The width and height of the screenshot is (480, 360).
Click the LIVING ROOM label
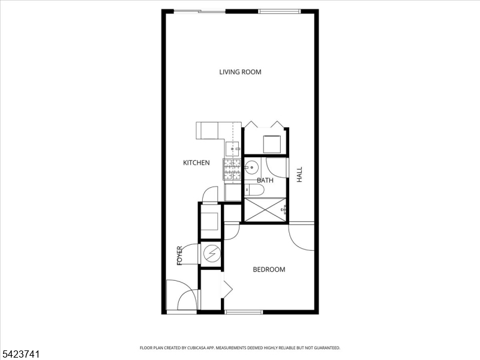pyautogui.click(x=241, y=72)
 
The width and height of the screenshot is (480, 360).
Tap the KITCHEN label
pyautogui.click(x=196, y=163)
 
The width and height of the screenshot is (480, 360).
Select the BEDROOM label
pyautogui.click(x=269, y=269)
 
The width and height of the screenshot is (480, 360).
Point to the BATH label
pyautogui.click(x=265, y=180)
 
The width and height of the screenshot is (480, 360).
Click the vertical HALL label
pyautogui.click(x=299, y=174)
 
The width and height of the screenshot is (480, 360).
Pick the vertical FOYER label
pyautogui.click(x=179, y=256)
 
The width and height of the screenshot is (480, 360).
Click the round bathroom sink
pyautogui.click(x=251, y=167)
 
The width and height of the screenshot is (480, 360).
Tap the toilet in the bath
pyautogui.click(x=254, y=190)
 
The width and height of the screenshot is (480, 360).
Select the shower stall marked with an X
pyautogui.click(x=265, y=209)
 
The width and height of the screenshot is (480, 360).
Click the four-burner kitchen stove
pyautogui.click(x=232, y=169)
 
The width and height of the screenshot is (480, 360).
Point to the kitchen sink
pyautogui.click(x=233, y=148)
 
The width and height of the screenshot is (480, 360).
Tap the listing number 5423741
pyautogui.click(x=20, y=354)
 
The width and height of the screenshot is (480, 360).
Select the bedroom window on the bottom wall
pyautogui.click(x=244, y=312)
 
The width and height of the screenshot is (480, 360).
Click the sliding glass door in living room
pyautogui.click(x=200, y=11)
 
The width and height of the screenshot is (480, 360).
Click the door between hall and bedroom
pyautogui.click(x=302, y=237)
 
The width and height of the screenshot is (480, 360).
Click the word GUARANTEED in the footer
pyautogui.click(x=328, y=348)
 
